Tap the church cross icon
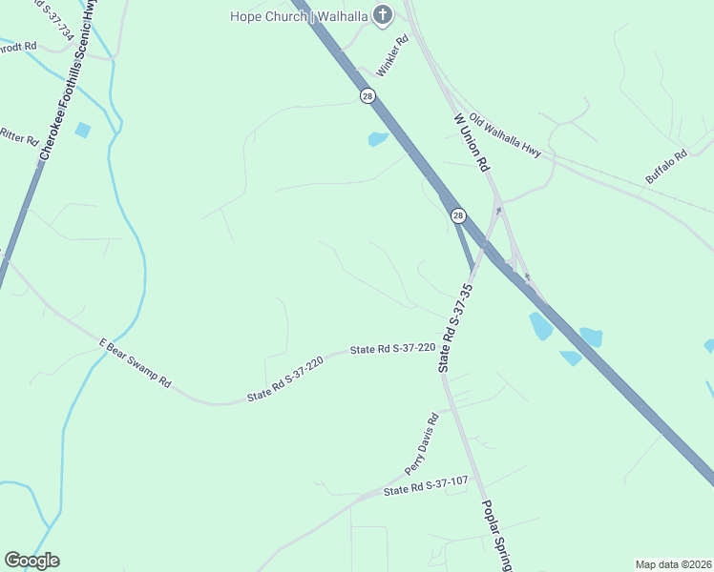382,14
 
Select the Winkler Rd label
392,56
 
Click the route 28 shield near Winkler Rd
367,95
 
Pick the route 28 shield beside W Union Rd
458,216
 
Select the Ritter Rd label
18,136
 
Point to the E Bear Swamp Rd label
135,362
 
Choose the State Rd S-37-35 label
455,328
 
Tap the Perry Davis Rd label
420,443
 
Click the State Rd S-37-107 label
425,486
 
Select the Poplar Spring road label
496,534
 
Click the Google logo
31,561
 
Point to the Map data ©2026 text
673,563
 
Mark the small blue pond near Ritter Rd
83,130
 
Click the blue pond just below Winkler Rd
378,139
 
